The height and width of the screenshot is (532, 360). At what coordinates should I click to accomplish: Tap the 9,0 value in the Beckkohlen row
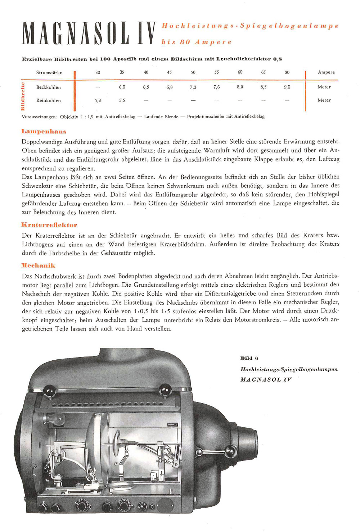pyautogui.click(x=287, y=87)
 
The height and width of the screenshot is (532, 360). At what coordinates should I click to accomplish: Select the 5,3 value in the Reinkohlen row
pyautogui.click(x=98, y=101)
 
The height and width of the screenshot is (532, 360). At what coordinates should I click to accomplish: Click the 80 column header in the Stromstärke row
pyautogui.click(x=287, y=72)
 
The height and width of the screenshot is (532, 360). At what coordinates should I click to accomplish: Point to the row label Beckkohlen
pyautogui.click(x=49, y=87)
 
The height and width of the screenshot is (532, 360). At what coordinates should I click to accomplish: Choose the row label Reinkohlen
pyautogui.click(x=49, y=101)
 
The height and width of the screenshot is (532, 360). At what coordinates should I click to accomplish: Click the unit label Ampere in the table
pyautogui.click(x=326, y=72)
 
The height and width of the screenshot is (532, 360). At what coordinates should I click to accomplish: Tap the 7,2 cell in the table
pyautogui.click(x=193, y=87)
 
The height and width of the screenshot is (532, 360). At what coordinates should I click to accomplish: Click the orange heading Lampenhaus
pyautogui.click(x=44, y=131)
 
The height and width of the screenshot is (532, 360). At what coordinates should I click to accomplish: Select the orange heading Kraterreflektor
pyautogui.click(x=49, y=225)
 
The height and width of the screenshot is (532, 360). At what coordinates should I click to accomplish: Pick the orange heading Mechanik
pyautogui.click(x=39, y=265)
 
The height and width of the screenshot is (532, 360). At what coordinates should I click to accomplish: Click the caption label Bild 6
pyautogui.click(x=249, y=358)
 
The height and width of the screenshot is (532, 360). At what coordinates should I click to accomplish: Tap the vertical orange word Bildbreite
pyautogui.click(x=23, y=96)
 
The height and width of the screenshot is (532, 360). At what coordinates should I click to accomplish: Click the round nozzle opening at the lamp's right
pyautogui.click(x=252, y=442)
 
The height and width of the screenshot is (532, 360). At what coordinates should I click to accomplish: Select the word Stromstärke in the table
pyautogui.click(x=49, y=73)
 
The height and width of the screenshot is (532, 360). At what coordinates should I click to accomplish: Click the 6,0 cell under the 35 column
pyautogui.click(x=122, y=87)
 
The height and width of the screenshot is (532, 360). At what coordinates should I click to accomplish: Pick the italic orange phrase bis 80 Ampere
pyautogui.click(x=197, y=42)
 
